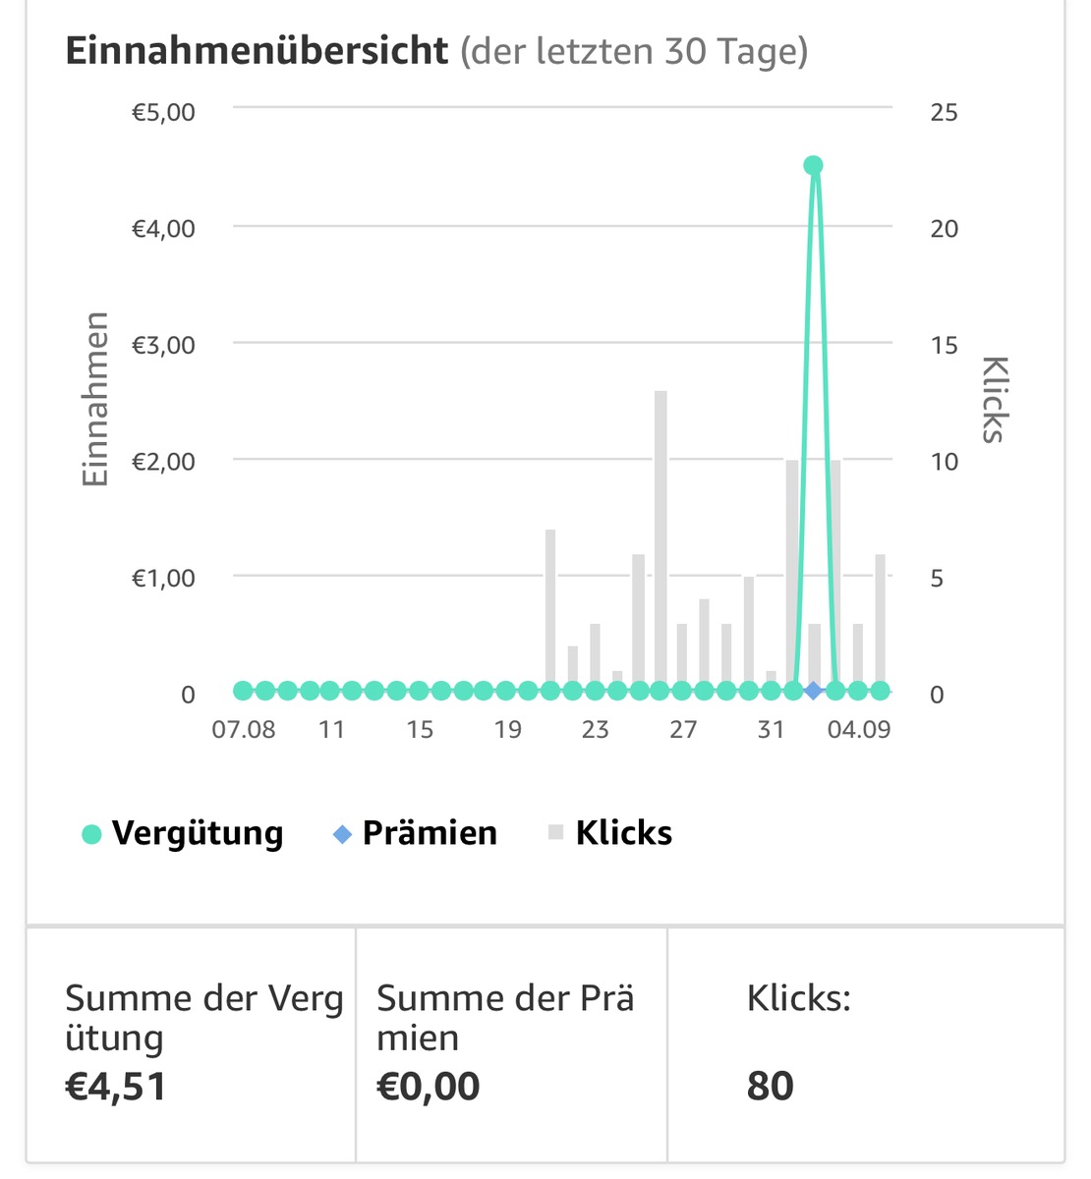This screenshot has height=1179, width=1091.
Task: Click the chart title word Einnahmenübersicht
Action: (x=257, y=50)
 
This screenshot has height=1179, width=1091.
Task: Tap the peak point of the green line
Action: (x=813, y=165)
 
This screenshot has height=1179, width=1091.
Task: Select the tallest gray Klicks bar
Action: (x=660, y=540)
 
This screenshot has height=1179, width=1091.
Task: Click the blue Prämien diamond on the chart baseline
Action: (x=813, y=691)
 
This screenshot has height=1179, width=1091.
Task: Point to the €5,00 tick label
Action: (x=163, y=112)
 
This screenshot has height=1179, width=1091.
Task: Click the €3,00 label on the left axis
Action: (x=163, y=345)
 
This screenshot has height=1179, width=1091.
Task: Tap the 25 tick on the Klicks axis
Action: (x=944, y=112)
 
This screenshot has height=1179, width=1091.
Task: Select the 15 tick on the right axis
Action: (x=944, y=345)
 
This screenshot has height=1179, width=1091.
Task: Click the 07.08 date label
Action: (x=243, y=730)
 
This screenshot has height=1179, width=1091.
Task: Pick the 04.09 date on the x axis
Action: (x=859, y=730)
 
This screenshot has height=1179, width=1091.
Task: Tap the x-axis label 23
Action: (x=595, y=730)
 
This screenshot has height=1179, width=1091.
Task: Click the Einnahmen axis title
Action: (x=94, y=399)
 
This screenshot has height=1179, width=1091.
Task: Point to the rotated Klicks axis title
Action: (x=995, y=399)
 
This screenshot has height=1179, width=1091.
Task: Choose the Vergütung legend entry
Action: (x=185, y=833)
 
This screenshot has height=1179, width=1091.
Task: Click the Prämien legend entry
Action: (x=416, y=833)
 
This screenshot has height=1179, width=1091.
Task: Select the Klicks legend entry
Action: (x=610, y=833)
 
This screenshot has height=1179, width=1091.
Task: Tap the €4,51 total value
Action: (x=116, y=1087)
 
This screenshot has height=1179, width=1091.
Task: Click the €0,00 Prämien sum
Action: (x=429, y=1087)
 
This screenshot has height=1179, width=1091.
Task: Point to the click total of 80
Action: (x=770, y=1087)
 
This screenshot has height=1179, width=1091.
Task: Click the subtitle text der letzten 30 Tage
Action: (x=634, y=50)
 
